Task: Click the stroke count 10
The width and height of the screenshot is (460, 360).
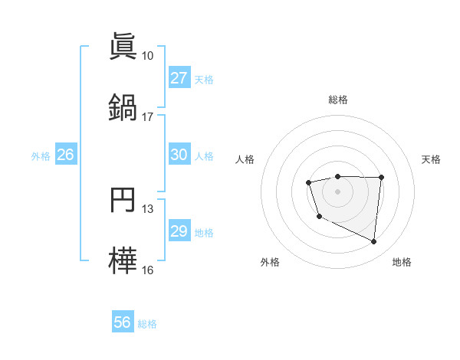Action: [x=148, y=56]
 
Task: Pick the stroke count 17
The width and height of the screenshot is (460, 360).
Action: [x=148, y=116]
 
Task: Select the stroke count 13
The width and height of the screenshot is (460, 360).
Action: [x=148, y=209]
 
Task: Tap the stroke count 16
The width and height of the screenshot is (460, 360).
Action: [x=148, y=270]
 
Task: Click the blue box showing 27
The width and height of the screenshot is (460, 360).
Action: [x=179, y=78]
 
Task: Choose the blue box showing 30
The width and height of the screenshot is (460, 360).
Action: [x=179, y=155]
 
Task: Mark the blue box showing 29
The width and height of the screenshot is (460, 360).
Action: [x=179, y=231]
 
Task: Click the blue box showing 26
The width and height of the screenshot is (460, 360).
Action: [x=65, y=155]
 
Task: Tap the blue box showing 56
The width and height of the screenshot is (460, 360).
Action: [x=123, y=322]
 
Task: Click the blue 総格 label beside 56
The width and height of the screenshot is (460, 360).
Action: [x=147, y=324]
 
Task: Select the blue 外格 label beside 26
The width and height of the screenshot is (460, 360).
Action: [x=41, y=156]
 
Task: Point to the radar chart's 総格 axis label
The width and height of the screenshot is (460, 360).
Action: [x=337, y=100]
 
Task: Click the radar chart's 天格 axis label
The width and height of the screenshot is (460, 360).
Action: [x=431, y=159]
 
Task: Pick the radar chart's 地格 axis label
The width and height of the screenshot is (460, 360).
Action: [x=402, y=263]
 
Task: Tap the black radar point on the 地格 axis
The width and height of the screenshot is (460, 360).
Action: [x=374, y=242]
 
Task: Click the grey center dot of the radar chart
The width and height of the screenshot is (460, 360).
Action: [x=337, y=191]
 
